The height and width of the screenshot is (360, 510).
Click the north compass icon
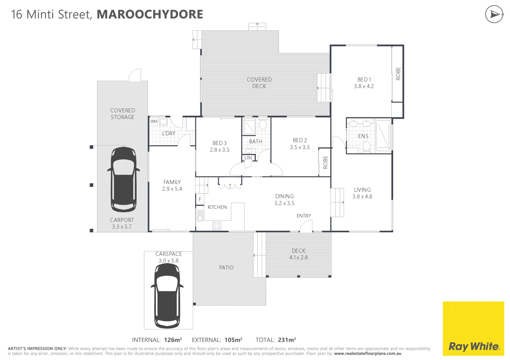point(494,14)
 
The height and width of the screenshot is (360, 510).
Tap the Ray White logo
point(473,346)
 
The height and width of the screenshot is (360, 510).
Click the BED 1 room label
point(364,80)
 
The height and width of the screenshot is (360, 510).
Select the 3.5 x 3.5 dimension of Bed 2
point(300,147)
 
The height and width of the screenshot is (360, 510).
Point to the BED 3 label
point(219,143)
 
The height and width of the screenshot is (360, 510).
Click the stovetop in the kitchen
point(216,226)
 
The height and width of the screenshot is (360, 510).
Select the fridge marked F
point(200,199)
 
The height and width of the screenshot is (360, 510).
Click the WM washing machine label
point(154,121)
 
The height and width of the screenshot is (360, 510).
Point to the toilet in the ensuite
point(366,146)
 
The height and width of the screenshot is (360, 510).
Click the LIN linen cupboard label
point(248,158)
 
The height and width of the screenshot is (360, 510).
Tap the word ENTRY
point(304,216)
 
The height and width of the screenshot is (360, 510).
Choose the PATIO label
point(226,268)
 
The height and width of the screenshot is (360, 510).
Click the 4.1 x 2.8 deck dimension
point(298,258)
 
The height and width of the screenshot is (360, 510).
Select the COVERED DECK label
point(259,83)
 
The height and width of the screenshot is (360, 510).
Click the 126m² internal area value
point(173,340)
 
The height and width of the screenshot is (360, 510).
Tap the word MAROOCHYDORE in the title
point(150,14)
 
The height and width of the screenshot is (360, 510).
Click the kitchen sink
point(200,216)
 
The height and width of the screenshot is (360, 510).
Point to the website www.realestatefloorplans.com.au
point(367,354)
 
